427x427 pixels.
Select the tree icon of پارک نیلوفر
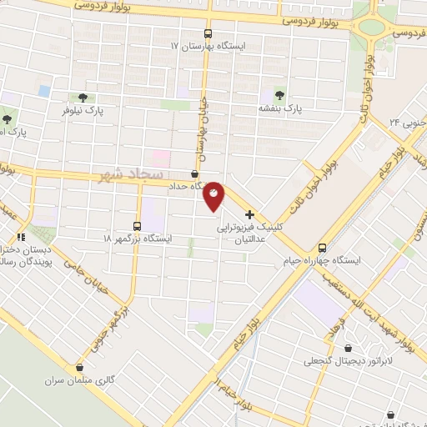(81, 98)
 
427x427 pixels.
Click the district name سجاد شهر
(124, 176)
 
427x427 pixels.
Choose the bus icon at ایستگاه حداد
(194, 174)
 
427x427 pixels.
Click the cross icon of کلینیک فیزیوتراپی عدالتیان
(250, 213)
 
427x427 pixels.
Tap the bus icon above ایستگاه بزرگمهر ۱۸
(138, 225)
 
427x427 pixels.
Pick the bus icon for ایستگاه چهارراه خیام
(322, 248)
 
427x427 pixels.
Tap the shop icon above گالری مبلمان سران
(80, 367)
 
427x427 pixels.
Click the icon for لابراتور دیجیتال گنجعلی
(348, 349)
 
